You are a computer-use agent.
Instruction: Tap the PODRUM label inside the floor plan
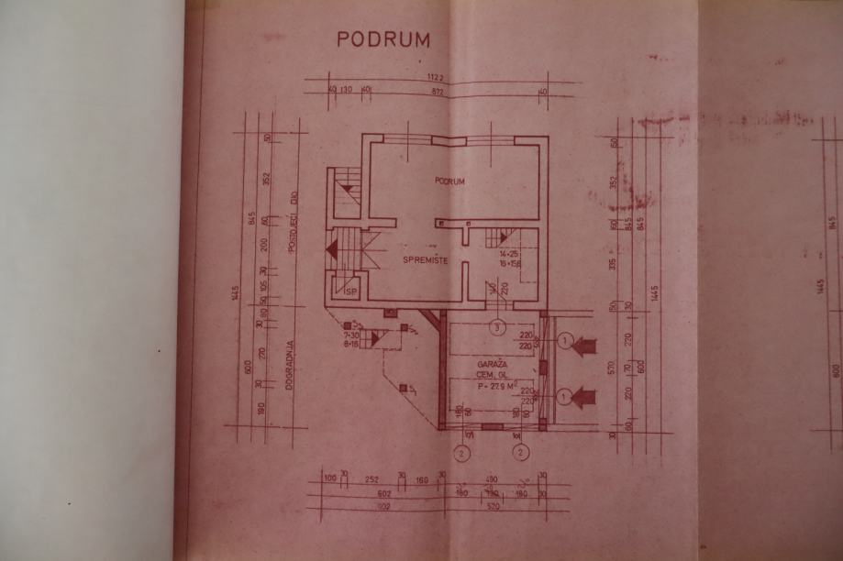coord(449,181)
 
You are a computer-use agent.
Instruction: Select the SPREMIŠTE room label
coord(426,261)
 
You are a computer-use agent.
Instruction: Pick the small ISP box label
coord(349,291)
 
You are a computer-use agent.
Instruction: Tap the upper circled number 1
coord(566,343)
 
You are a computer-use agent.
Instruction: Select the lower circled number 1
coord(566,397)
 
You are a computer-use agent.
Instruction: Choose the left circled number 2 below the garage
coord(463,452)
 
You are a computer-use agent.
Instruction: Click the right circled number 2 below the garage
coord(521,452)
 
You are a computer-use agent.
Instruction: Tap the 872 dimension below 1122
coord(441,93)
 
